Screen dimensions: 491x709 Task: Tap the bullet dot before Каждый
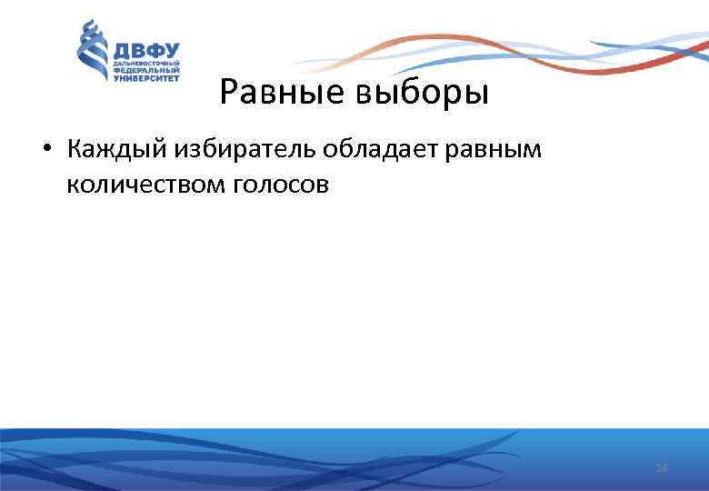47,149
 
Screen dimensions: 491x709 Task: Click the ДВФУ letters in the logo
145,51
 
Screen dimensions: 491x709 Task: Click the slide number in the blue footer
661,468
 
